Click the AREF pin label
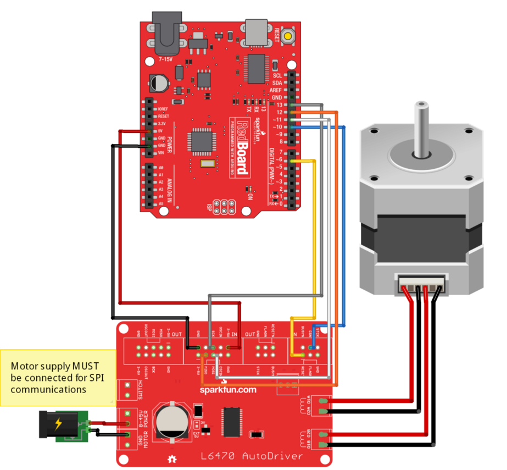tap(276, 90)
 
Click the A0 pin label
tap(160, 167)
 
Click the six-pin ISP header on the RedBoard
tap(224, 207)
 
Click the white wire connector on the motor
tap(421, 284)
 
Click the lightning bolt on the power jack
tap(58, 423)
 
